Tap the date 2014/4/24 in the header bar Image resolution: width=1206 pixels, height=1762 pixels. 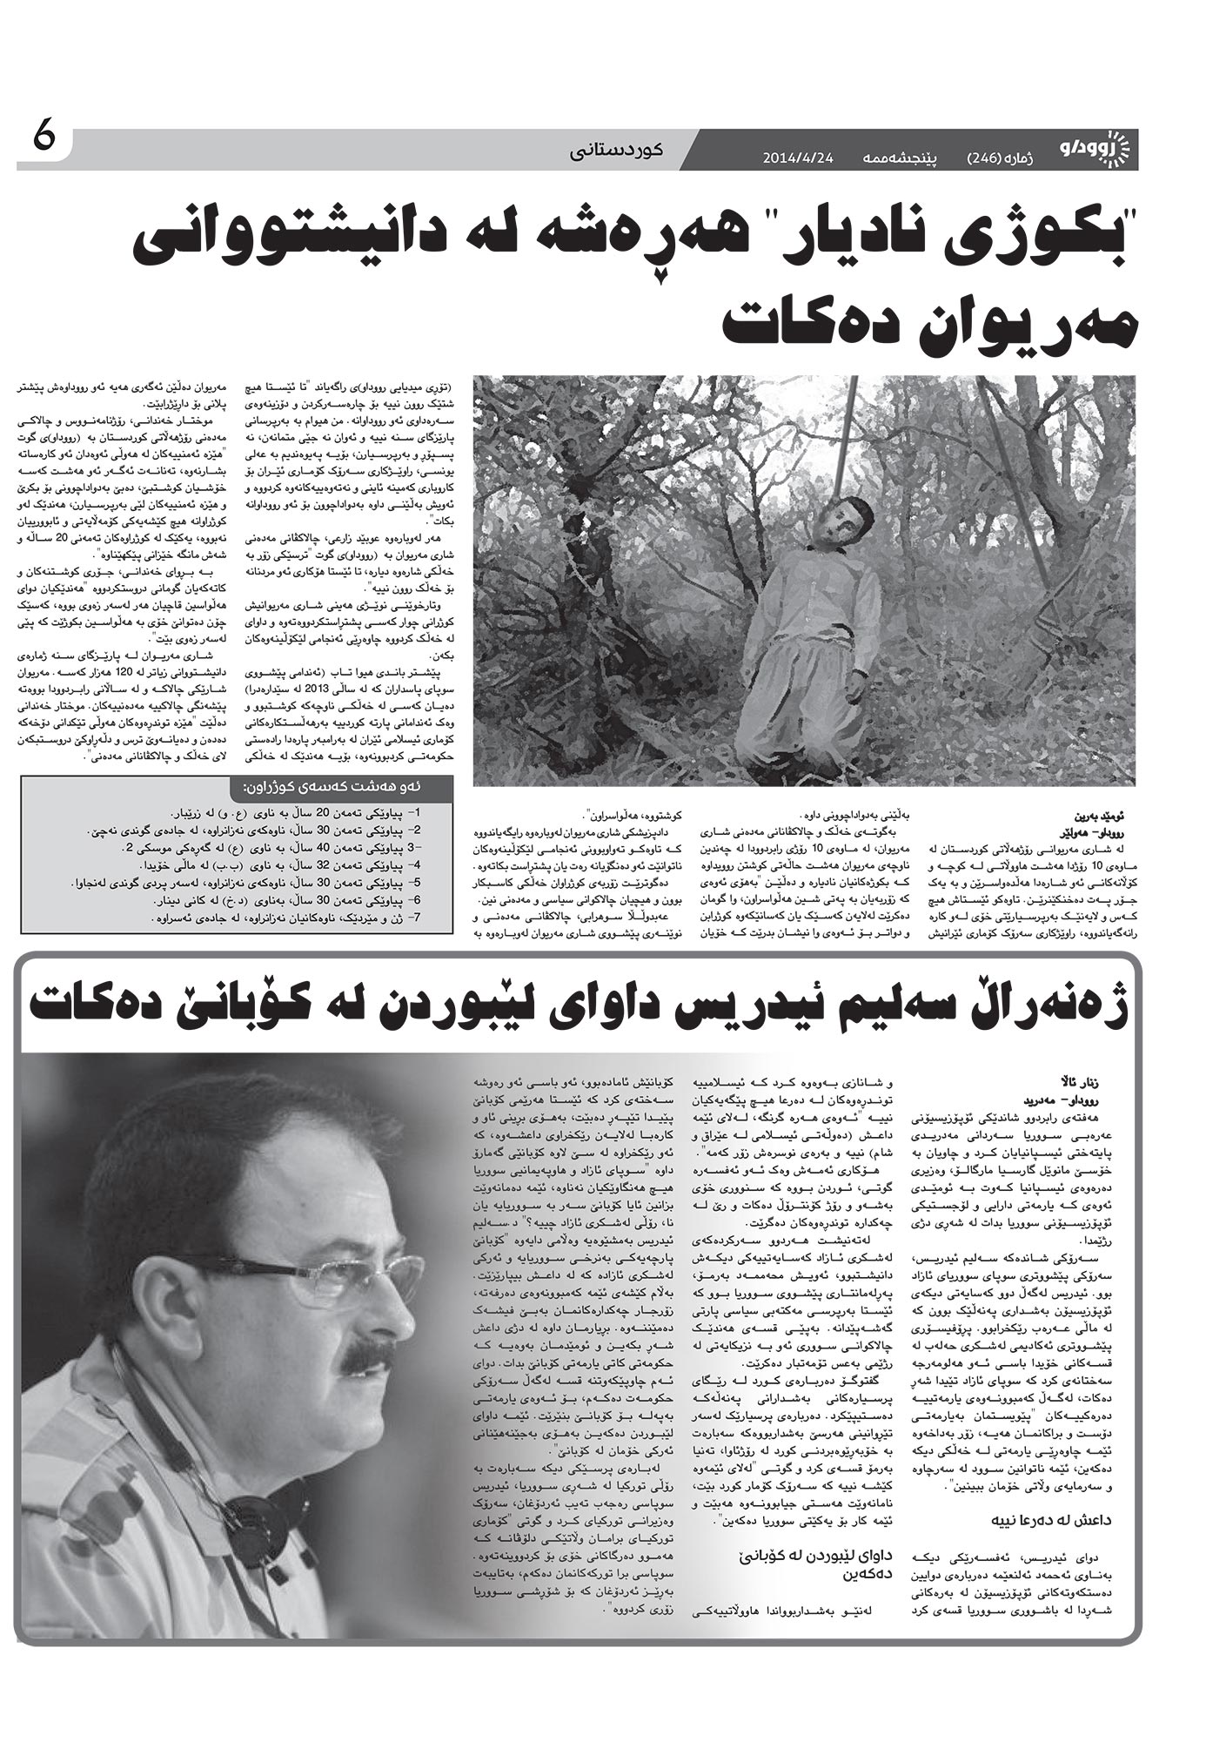(798, 158)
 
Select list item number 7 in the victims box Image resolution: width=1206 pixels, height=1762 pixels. (287, 919)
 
